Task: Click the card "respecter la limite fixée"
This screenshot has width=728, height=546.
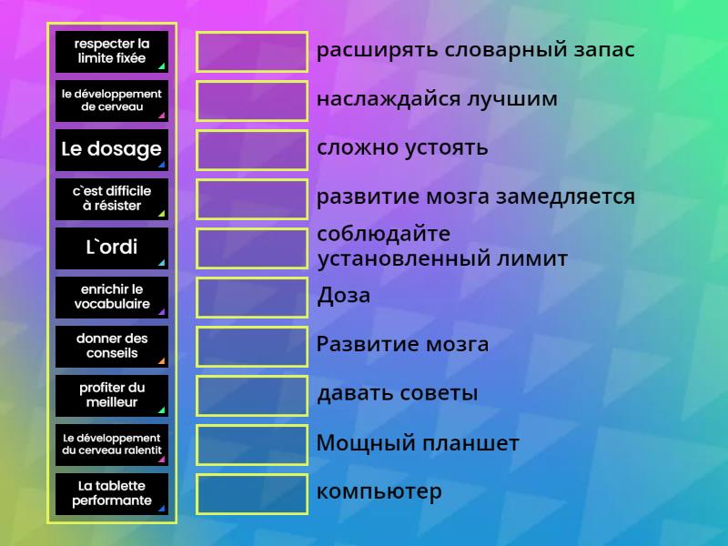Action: (x=111, y=52)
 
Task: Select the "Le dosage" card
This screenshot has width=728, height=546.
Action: (x=111, y=150)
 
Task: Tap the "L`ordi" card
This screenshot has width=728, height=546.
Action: (x=111, y=248)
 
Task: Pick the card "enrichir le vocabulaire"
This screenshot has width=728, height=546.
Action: (x=111, y=298)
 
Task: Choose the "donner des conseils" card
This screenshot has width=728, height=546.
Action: (x=111, y=347)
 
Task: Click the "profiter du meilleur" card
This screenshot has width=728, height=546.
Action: (x=111, y=396)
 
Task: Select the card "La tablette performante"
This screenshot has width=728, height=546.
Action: (x=111, y=494)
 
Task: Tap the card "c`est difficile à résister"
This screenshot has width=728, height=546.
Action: (x=111, y=199)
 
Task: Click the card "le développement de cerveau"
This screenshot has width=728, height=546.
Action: (x=111, y=101)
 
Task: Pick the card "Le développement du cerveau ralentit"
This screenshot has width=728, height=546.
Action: (x=111, y=445)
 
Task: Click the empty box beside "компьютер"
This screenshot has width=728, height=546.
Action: (x=252, y=494)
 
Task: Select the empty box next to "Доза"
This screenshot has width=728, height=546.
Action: (x=252, y=298)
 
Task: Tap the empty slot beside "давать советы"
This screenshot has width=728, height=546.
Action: (x=252, y=396)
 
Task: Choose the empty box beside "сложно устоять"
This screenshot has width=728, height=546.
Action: (x=252, y=150)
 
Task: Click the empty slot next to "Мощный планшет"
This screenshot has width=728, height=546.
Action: (x=252, y=445)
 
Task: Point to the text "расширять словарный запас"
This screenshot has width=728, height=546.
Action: (x=475, y=50)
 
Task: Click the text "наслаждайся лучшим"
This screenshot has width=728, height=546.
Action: (x=437, y=99)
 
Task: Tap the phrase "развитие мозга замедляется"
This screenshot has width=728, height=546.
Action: (x=475, y=197)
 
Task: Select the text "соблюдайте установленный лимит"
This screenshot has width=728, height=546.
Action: (x=441, y=247)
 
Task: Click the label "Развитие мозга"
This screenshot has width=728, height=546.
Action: (x=402, y=345)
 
